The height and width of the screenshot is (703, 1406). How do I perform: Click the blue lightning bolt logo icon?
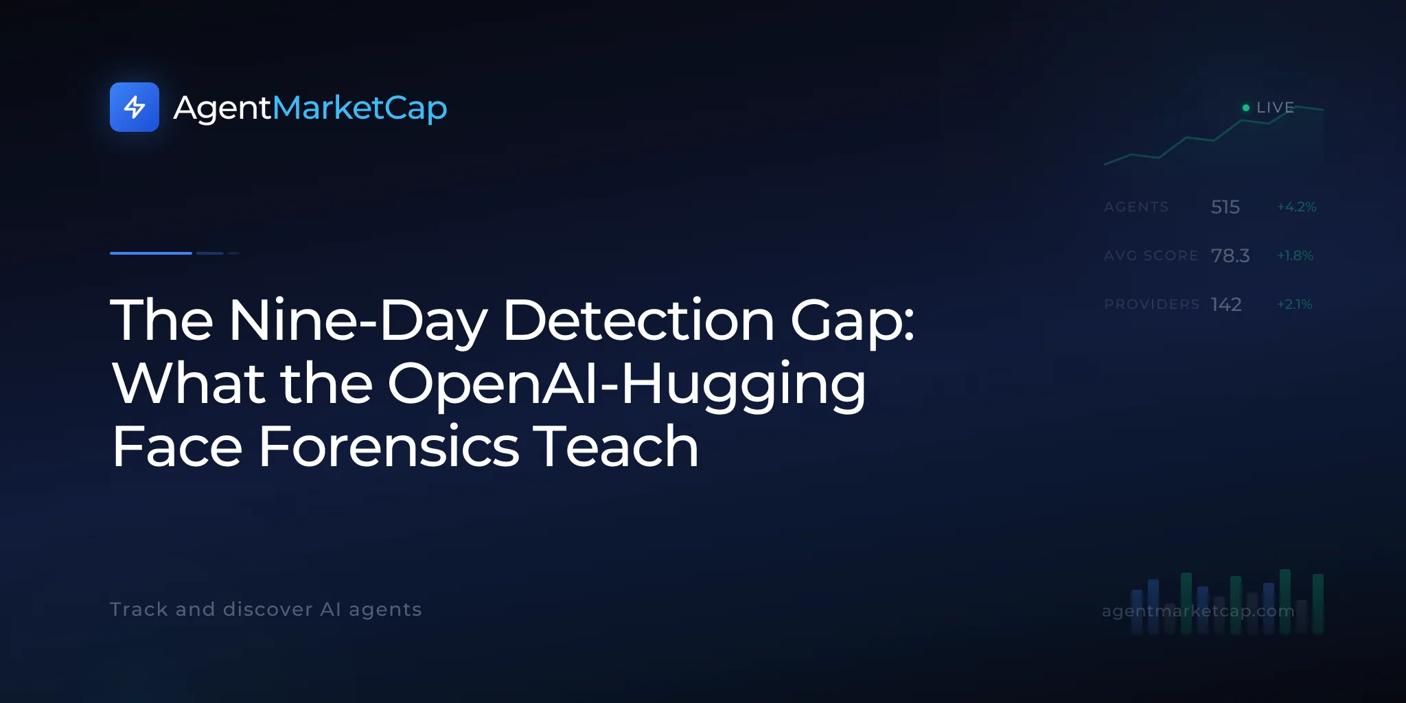coord(135,107)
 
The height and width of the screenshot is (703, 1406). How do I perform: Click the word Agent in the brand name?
coord(222,108)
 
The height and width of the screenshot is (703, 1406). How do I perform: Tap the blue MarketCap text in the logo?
coord(360,108)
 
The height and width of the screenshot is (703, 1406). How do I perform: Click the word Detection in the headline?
coord(639,320)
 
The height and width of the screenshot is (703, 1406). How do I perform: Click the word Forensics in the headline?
coord(389,447)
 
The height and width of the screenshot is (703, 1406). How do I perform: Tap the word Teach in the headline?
coord(616,447)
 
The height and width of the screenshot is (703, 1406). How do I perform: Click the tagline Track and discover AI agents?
coord(266,610)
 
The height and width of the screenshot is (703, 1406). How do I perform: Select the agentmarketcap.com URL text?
coord(1198,611)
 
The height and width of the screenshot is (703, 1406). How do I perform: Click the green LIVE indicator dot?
coord(1246,108)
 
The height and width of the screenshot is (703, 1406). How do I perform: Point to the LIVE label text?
coord(1276,108)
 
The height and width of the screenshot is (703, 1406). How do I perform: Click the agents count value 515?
coord(1225,207)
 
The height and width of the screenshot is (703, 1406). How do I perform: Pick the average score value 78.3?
coord(1230,255)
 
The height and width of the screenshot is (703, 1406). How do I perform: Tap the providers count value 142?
coord(1226,304)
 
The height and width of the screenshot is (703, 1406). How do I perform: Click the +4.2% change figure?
coord(1297,207)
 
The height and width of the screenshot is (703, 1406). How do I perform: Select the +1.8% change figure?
coord(1295,255)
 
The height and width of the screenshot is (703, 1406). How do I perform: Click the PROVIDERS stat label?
coord(1152,304)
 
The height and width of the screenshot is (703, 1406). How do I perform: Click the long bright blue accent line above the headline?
coord(151,253)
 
